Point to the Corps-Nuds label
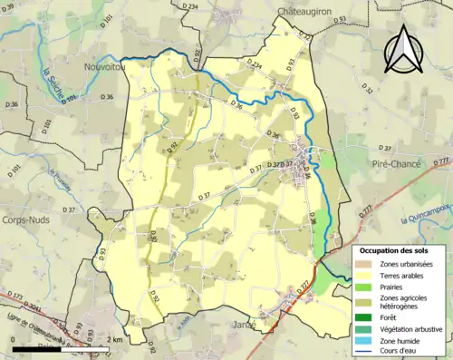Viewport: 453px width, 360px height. tap(27, 219)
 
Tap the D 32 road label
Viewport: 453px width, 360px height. tap(368, 89)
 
